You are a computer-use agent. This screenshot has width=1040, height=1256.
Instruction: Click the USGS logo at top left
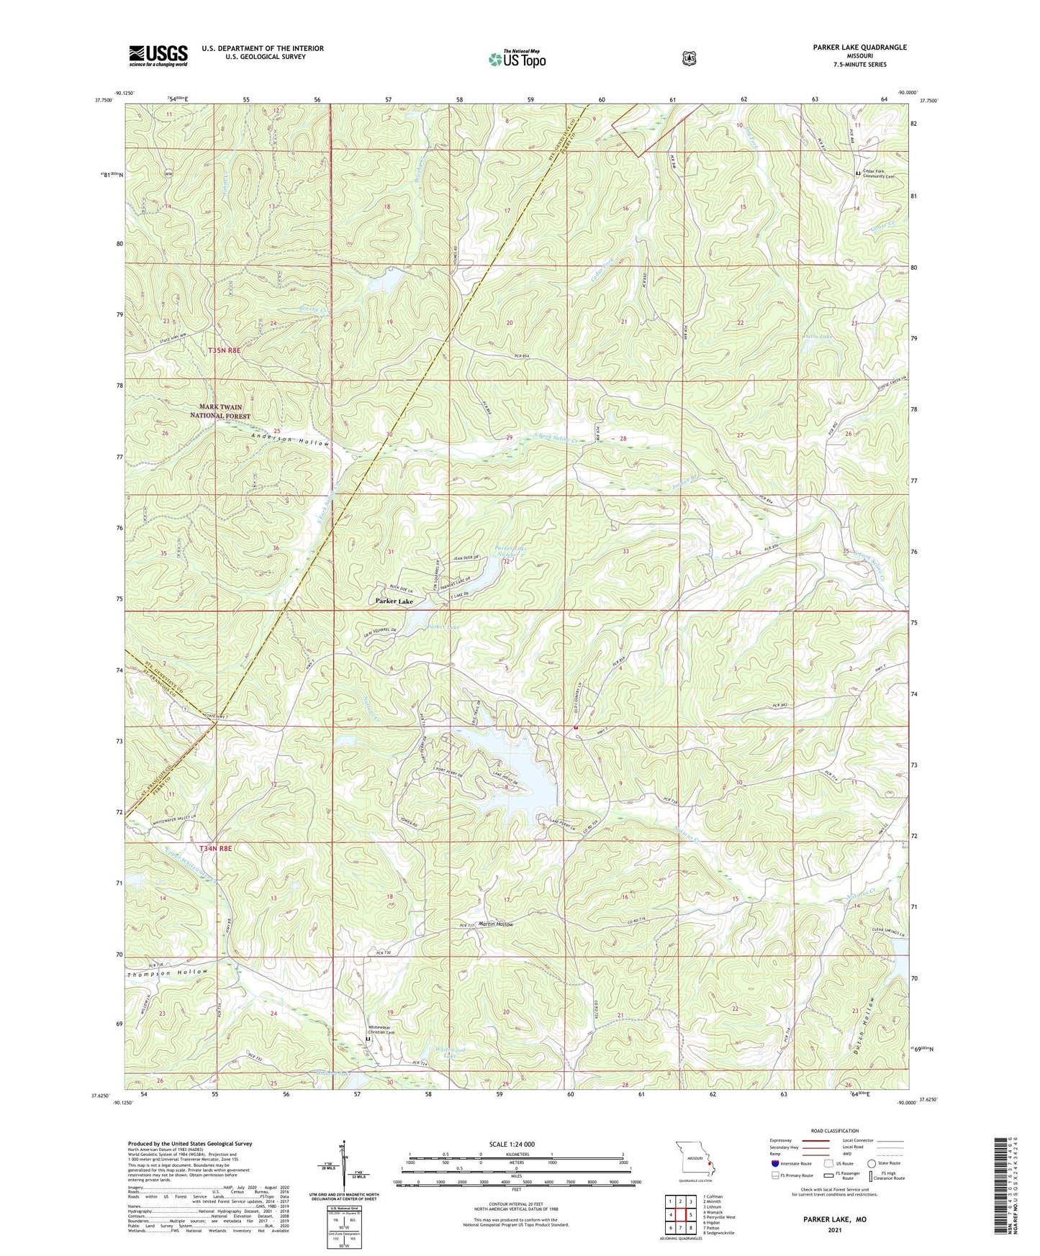click(158, 55)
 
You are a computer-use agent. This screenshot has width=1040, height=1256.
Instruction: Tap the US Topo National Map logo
click(516, 58)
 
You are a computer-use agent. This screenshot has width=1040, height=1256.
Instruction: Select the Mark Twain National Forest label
click(220, 411)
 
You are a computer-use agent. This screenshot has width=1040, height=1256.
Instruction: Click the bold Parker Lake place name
click(394, 601)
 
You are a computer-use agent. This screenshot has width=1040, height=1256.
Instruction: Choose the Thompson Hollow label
click(167, 973)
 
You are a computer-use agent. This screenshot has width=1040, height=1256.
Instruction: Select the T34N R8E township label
click(216, 849)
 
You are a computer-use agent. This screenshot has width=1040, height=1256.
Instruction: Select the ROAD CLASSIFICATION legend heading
click(834, 1131)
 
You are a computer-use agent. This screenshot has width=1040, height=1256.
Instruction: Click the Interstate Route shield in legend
click(775, 1163)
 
